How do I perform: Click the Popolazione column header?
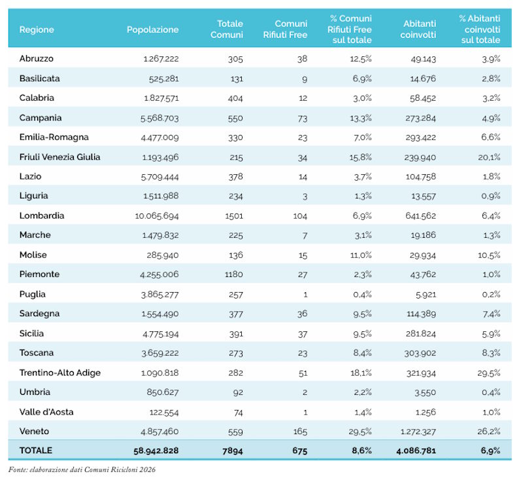pos(152,29)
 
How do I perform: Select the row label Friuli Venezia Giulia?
pos(59,157)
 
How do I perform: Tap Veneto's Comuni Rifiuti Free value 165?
pos(300,432)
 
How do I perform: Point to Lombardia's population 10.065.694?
pos(157,216)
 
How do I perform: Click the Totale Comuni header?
pos(227,29)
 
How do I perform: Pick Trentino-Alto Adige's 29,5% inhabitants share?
pos(488,373)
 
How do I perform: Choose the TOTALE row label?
pos(36,450)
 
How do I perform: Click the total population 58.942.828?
pos(156,450)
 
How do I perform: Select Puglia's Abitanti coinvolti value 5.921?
pos(426,295)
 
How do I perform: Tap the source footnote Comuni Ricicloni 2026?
pos(120,469)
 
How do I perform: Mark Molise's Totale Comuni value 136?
pos(236,255)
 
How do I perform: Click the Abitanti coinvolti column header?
pos(418,29)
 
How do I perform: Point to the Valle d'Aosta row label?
pos(46,412)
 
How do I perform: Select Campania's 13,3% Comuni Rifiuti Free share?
pos(361,118)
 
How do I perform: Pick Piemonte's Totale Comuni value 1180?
pos(234,274)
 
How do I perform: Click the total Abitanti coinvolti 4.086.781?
pos(416,450)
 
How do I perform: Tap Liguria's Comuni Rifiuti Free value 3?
pos(305,196)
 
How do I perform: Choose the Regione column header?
pos(37,29)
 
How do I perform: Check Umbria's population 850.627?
pos(163,392)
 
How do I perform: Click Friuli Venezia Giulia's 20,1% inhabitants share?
pos(489,157)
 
